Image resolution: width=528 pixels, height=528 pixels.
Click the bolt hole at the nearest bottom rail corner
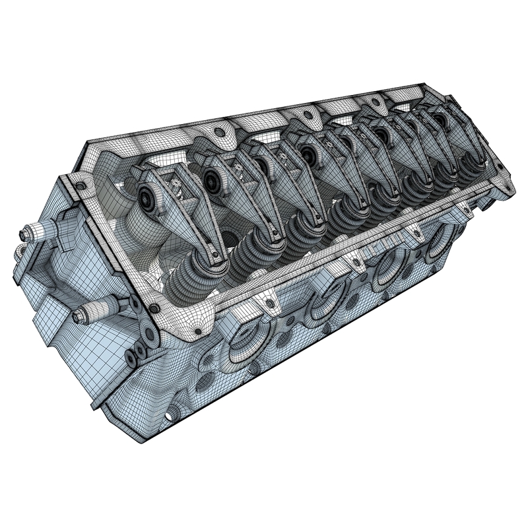tap(154, 308)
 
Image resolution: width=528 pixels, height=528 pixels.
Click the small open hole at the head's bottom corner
tap(173, 414)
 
